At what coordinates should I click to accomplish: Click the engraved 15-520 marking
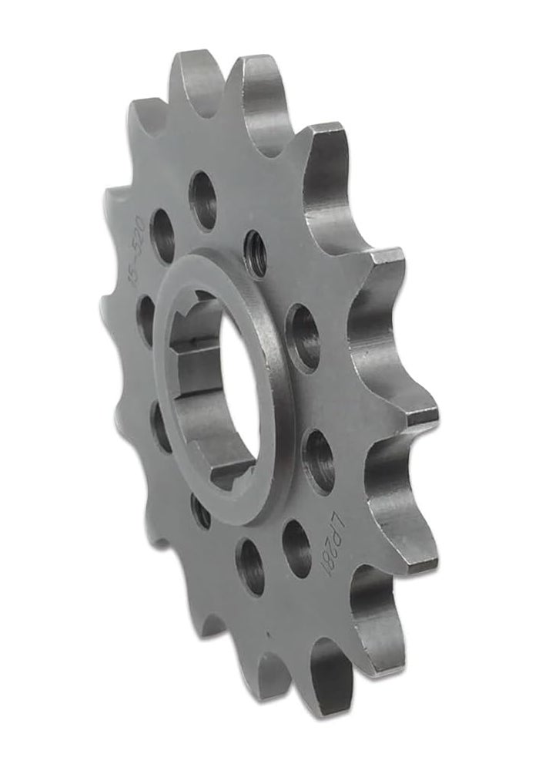141,235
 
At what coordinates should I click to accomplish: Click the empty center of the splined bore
212,385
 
